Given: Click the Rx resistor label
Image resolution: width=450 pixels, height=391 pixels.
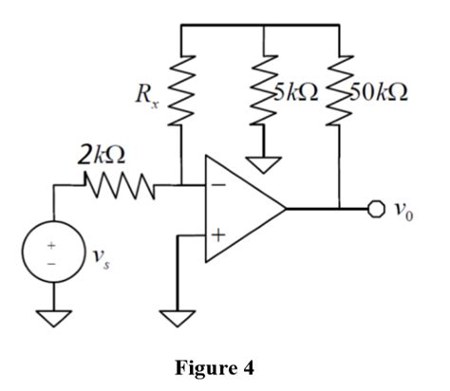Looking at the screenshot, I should pos(143,95).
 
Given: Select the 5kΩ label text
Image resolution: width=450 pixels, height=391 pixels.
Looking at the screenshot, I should pos(297,93).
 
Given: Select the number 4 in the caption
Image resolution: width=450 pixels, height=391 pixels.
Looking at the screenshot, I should pos(250,369).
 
